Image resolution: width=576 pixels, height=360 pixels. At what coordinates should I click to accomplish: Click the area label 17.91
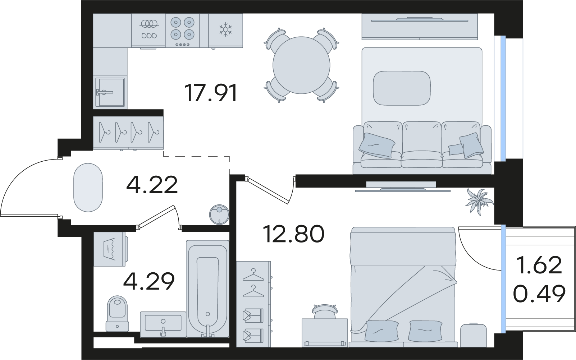click(211, 93)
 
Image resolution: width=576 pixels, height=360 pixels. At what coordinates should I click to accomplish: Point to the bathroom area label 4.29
click(149, 281)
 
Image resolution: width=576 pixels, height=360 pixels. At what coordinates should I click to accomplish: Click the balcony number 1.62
click(539, 265)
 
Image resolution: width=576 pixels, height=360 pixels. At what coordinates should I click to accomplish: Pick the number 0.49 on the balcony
click(539, 294)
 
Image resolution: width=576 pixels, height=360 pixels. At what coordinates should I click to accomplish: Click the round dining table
click(301, 65)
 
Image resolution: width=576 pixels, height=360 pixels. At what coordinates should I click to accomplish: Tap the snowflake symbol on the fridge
click(226, 29)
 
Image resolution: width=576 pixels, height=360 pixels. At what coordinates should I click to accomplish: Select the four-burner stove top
click(182, 30)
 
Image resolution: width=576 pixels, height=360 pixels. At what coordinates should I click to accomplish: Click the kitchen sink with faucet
click(110, 92)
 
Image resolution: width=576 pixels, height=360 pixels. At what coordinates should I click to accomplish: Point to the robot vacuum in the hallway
click(219, 214)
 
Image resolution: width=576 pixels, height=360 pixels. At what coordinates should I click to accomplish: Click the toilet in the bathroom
click(118, 313)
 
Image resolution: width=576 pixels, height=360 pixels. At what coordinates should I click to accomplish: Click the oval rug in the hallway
click(88, 187)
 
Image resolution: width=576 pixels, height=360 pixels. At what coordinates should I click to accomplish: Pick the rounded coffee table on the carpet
click(402, 88)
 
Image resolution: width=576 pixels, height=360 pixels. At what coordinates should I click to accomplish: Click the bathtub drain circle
click(208, 314)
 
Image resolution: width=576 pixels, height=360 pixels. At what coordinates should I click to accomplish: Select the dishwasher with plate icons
click(148, 30)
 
